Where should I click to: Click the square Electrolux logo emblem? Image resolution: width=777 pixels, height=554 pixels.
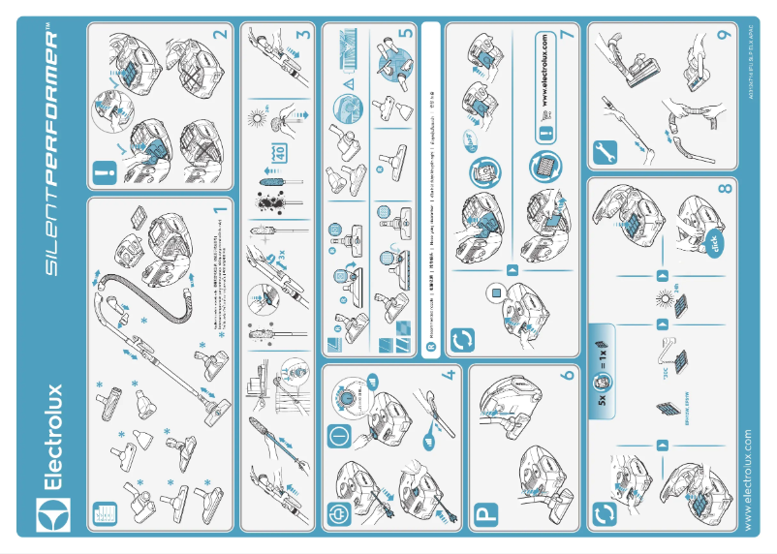coord(49,510)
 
